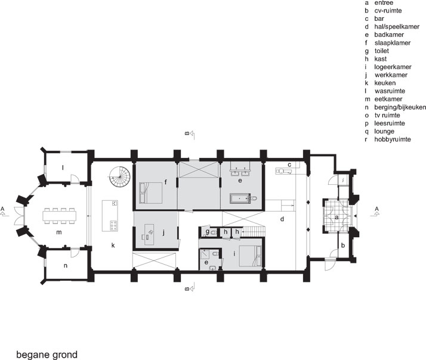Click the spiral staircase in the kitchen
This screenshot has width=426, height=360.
coord(119,176)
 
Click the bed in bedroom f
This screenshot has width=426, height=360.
coord(150,193)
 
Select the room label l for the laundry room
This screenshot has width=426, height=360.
coord(63,167)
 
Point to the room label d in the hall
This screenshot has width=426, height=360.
coord(280,219)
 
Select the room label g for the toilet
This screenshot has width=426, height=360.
coord(207,232)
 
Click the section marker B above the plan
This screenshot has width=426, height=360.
coord(187,134)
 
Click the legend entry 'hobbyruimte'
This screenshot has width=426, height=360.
coord(394,139)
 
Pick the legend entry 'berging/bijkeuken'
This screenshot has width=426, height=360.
coord(399,107)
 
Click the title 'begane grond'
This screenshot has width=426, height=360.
coord(47,354)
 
